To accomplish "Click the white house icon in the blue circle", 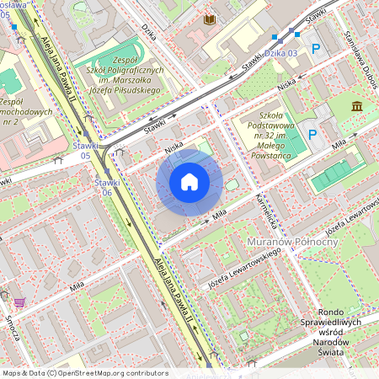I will [x=189, y=182].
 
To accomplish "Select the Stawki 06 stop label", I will [x=104, y=187].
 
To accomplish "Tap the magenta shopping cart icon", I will [x=19, y=302].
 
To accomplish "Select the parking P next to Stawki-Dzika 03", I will [x=316, y=50].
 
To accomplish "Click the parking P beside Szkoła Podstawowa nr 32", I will [x=312, y=134].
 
